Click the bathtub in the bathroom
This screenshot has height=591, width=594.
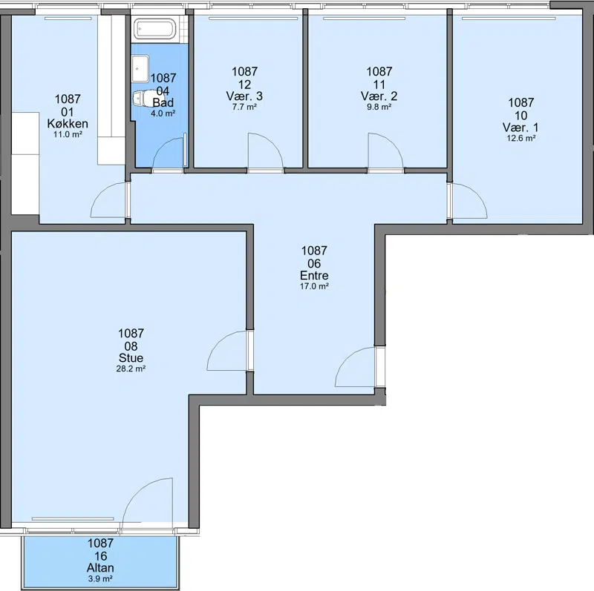(x=155, y=28)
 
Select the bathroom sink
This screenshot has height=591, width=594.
(x=140, y=68)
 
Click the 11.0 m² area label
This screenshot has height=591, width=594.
(x=68, y=134)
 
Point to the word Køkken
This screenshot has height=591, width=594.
(x=68, y=123)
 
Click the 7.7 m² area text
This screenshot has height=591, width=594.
(x=245, y=107)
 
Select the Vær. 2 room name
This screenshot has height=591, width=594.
(x=379, y=96)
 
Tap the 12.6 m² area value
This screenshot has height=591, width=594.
(x=521, y=138)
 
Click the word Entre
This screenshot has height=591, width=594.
(x=314, y=275)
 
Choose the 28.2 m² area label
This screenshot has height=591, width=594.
(x=131, y=369)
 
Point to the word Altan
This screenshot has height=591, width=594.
(x=100, y=567)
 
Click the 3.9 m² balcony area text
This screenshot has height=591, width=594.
(x=100, y=578)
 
